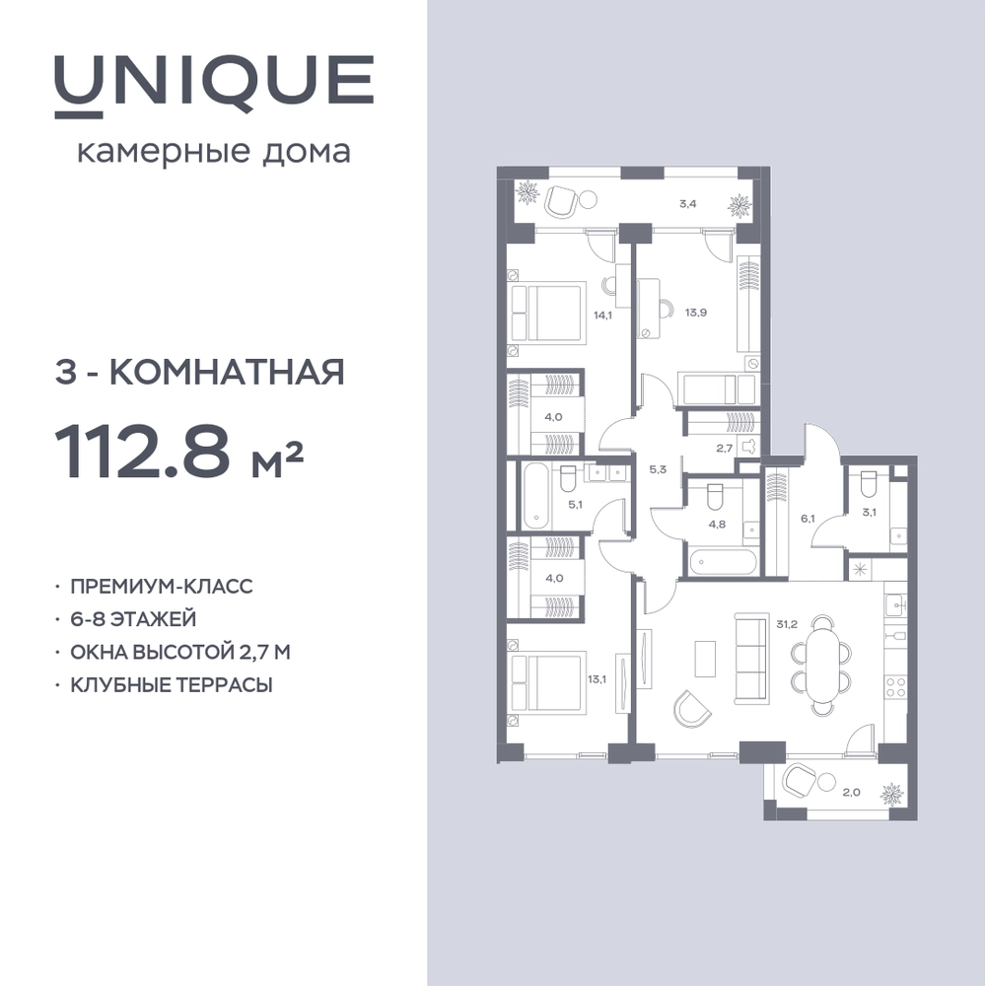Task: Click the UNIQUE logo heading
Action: click(x=214, y=85)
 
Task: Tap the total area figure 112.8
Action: click(x=142, y=451)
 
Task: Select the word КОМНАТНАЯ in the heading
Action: click(x=228, y=372)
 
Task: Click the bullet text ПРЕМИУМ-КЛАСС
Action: click(x=162, y=586)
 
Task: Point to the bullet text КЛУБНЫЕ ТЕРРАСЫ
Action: click(x=172, y=684)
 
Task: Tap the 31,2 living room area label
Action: click(x=787, y=624)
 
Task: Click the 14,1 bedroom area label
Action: click(x=602, y=316)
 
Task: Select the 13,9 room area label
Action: click(x=696, y=312)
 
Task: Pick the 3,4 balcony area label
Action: click(x=688, y=204)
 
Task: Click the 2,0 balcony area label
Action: click(x=852, y=793)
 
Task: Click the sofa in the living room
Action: click(x=750, y=660)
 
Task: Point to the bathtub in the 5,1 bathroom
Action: click(x=536, y=497)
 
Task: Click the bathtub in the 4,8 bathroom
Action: click(x=722, y=562)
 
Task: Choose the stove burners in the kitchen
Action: click(x=895, y=688)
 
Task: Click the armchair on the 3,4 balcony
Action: click(x=562, y=201)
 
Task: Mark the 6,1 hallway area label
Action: click(x=808, y=519)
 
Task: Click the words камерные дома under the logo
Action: click(x=214, y=152)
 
